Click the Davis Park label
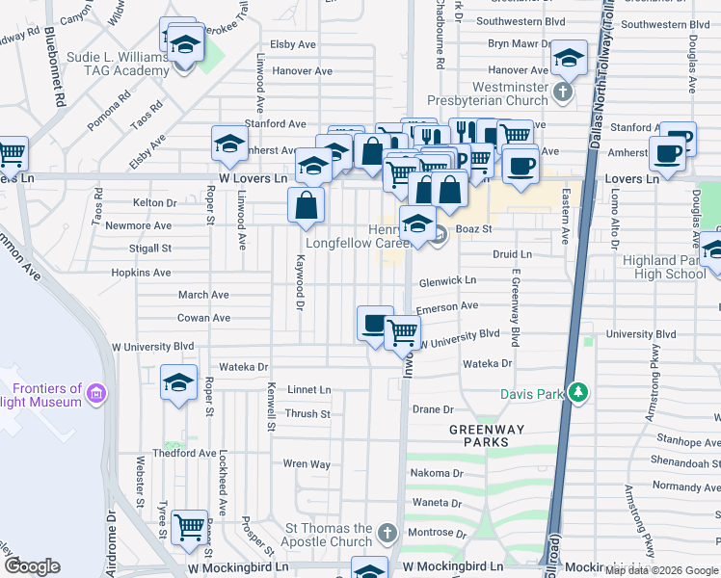coord(531,394)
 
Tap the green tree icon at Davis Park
coord(577,392)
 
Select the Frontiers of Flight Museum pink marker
coord(95,393)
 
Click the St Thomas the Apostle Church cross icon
coord(387,533)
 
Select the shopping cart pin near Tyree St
coord(190,526)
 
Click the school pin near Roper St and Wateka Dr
coord(178,382)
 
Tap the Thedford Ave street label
coord(184,453)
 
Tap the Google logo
coord(33,566)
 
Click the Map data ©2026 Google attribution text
coord(660,570)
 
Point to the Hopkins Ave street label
coord(141,273)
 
